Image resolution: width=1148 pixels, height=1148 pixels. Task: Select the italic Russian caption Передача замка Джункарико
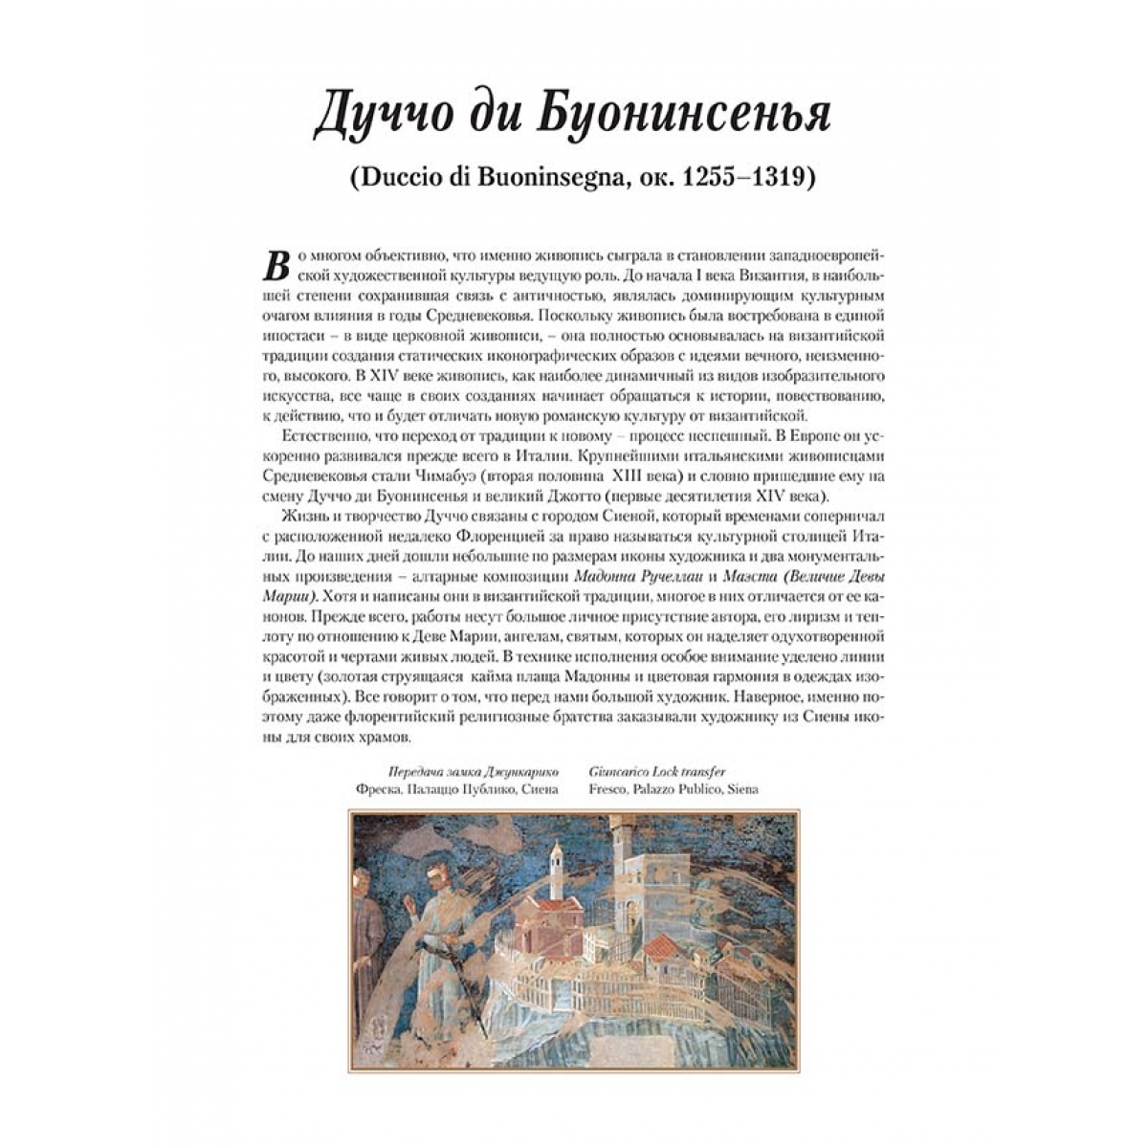pos(472,770)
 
